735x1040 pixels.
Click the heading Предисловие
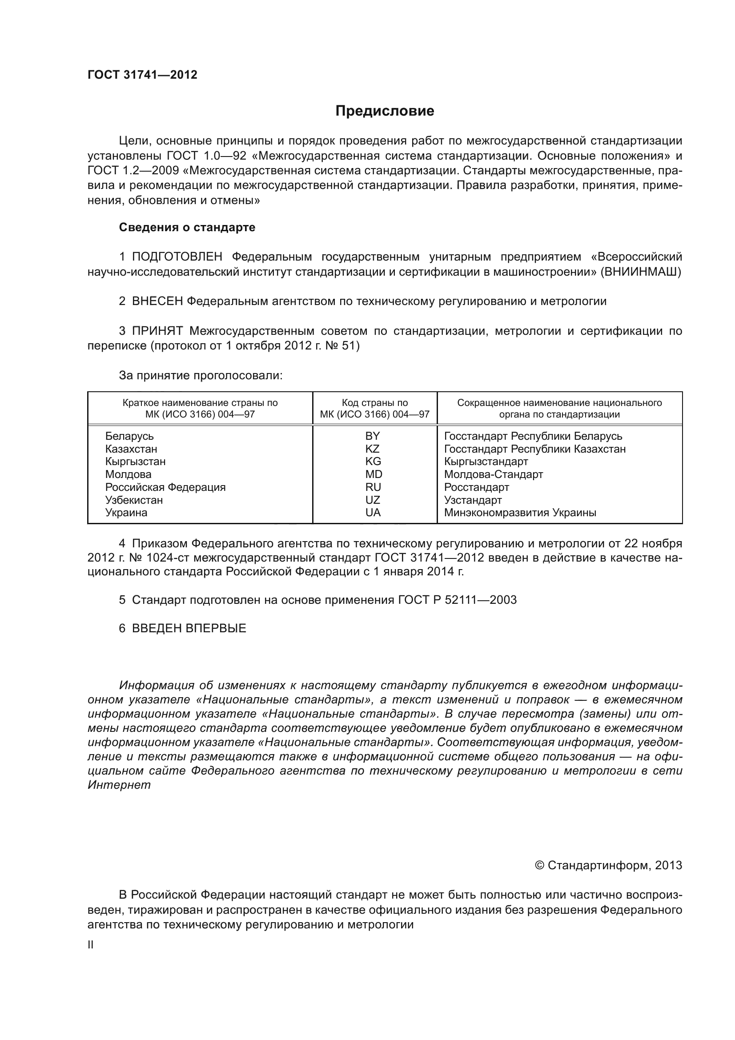coord(385,111)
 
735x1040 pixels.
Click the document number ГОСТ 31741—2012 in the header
coord(142,75)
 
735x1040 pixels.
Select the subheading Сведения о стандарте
coord(187,227)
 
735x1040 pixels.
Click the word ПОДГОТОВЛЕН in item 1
coord(177,257)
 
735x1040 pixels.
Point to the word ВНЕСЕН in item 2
coord(157,301)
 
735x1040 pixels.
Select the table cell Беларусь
coord(129,436)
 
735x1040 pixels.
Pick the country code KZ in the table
coord(372,449)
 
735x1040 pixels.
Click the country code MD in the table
coord(374,474)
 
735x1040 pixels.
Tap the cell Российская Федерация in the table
coord(165,487)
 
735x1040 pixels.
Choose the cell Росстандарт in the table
coord(476,487)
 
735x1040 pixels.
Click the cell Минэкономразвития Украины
coord(520,513)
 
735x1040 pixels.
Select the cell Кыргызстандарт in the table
coord(486,462)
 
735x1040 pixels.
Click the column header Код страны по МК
coord(374,408)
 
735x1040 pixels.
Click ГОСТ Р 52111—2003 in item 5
coord(457,600)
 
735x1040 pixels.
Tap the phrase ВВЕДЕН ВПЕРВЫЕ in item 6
coord(189,628)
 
